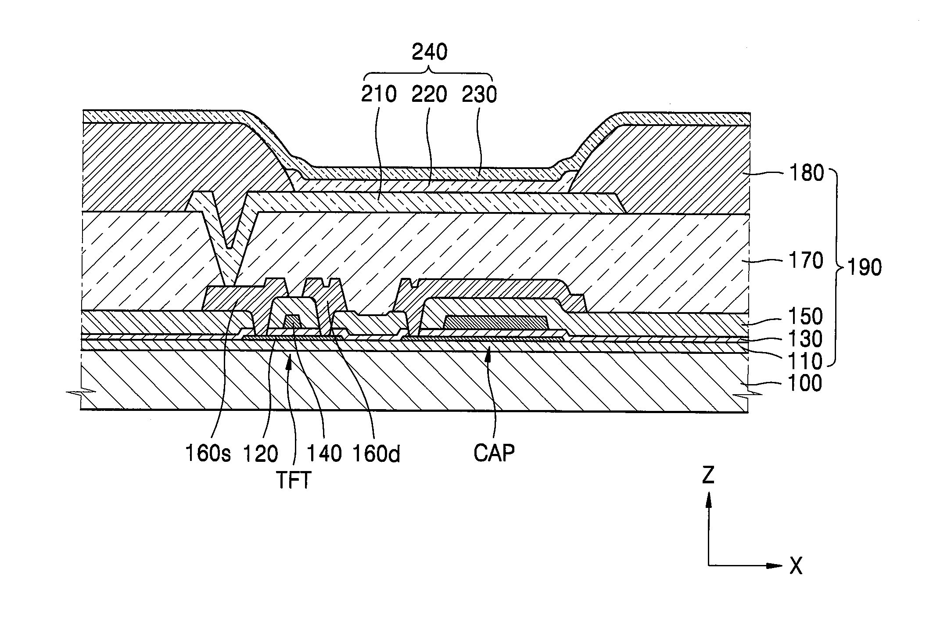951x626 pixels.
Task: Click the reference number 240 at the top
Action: tap(430, 53)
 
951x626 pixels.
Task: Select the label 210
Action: tap(379, 94)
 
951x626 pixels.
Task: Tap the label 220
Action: tap(429, 94)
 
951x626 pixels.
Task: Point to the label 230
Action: tap(479, 94)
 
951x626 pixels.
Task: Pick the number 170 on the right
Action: tap(805, 261)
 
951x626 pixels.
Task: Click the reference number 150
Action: tap(805, 317)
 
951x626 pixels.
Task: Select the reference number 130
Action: tap(805, 339)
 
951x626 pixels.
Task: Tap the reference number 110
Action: tap(805, 361)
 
